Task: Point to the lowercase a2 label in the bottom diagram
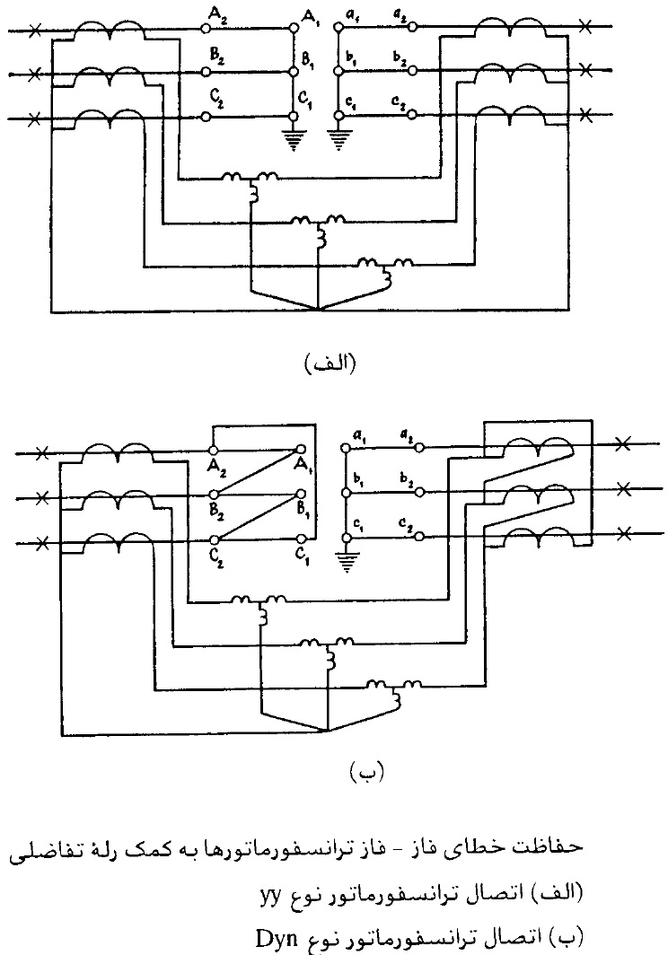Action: click(405, 434)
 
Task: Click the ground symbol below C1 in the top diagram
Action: click(294, 137)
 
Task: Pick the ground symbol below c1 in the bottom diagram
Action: click(347, 561)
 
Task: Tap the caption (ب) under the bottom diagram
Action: click(367, 773)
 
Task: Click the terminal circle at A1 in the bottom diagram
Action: click(300, 450)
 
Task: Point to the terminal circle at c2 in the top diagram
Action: click(413, 115)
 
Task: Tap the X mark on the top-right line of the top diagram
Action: click(585, 26)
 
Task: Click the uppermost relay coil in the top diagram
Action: click(250, 180)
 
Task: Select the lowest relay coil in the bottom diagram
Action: click(396, 687)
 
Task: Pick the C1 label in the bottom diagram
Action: click(303, 556)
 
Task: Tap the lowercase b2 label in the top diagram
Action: click(400, 59)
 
